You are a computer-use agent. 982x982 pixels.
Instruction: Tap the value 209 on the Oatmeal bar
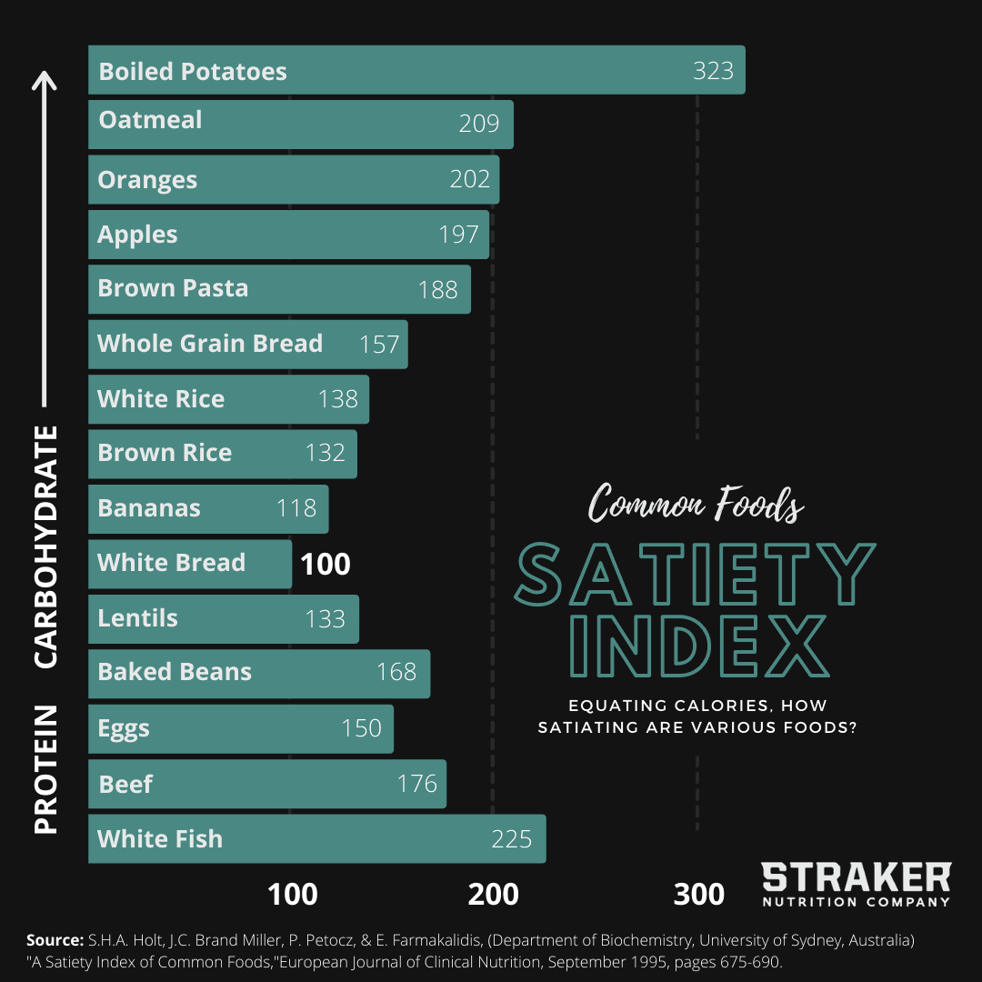click(479, 124)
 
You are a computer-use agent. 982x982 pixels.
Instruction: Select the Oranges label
click(147, 180)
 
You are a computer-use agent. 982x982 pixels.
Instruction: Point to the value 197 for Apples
click(458, 235)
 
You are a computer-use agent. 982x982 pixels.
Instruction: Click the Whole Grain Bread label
click(210, 344)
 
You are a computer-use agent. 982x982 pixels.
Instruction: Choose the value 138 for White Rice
click(338, 399)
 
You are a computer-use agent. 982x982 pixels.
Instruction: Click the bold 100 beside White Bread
click(325, 565)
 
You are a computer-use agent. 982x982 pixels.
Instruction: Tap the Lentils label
click(138, 618)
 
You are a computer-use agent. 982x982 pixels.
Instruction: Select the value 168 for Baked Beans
click(396, 673)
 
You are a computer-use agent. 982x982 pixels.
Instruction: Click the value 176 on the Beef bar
click(417, 784)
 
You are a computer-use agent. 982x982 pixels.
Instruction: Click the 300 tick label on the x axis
click(699, 895)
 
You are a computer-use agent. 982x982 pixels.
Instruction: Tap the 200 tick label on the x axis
click(494, 895)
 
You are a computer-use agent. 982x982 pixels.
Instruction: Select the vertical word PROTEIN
click(45, 769)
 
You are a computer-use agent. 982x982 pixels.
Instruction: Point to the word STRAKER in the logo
click(856, 878)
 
